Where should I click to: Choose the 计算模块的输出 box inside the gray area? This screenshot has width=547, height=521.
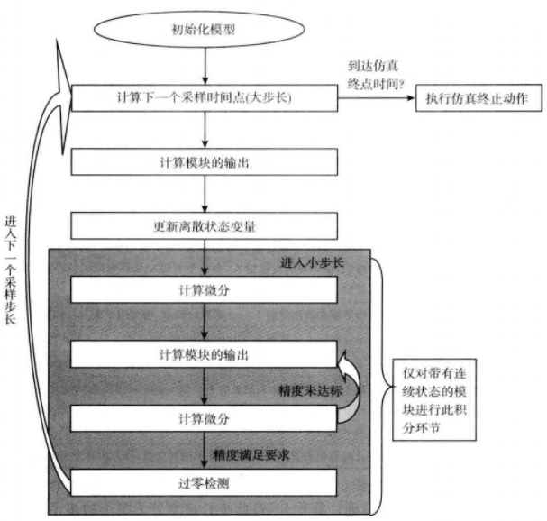(205, 352)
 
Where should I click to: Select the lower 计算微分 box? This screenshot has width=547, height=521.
(205, 418)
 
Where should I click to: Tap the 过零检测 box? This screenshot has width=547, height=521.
(205, 481)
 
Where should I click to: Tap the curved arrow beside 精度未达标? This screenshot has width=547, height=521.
(348, 383)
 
